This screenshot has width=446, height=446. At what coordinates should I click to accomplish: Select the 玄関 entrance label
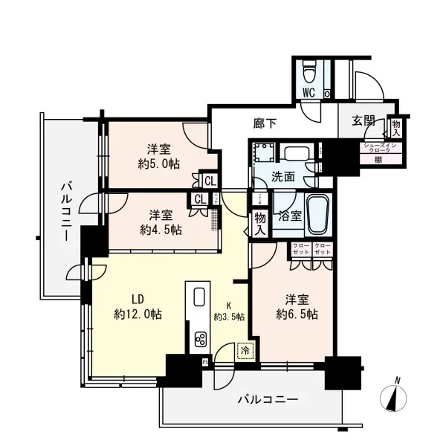click(363, 122)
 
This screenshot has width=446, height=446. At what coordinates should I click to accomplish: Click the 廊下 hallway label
click(266, 123)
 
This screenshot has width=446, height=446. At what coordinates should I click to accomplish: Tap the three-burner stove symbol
click(201, 340)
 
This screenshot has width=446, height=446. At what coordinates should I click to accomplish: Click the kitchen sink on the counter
click(198, 297)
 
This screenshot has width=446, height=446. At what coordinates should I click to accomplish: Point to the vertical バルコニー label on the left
click(65, 211)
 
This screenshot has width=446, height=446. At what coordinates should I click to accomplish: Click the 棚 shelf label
click(378, 159)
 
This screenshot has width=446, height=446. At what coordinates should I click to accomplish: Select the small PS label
click(205, 361)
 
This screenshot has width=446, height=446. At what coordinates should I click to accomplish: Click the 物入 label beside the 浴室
click(259, 222)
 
